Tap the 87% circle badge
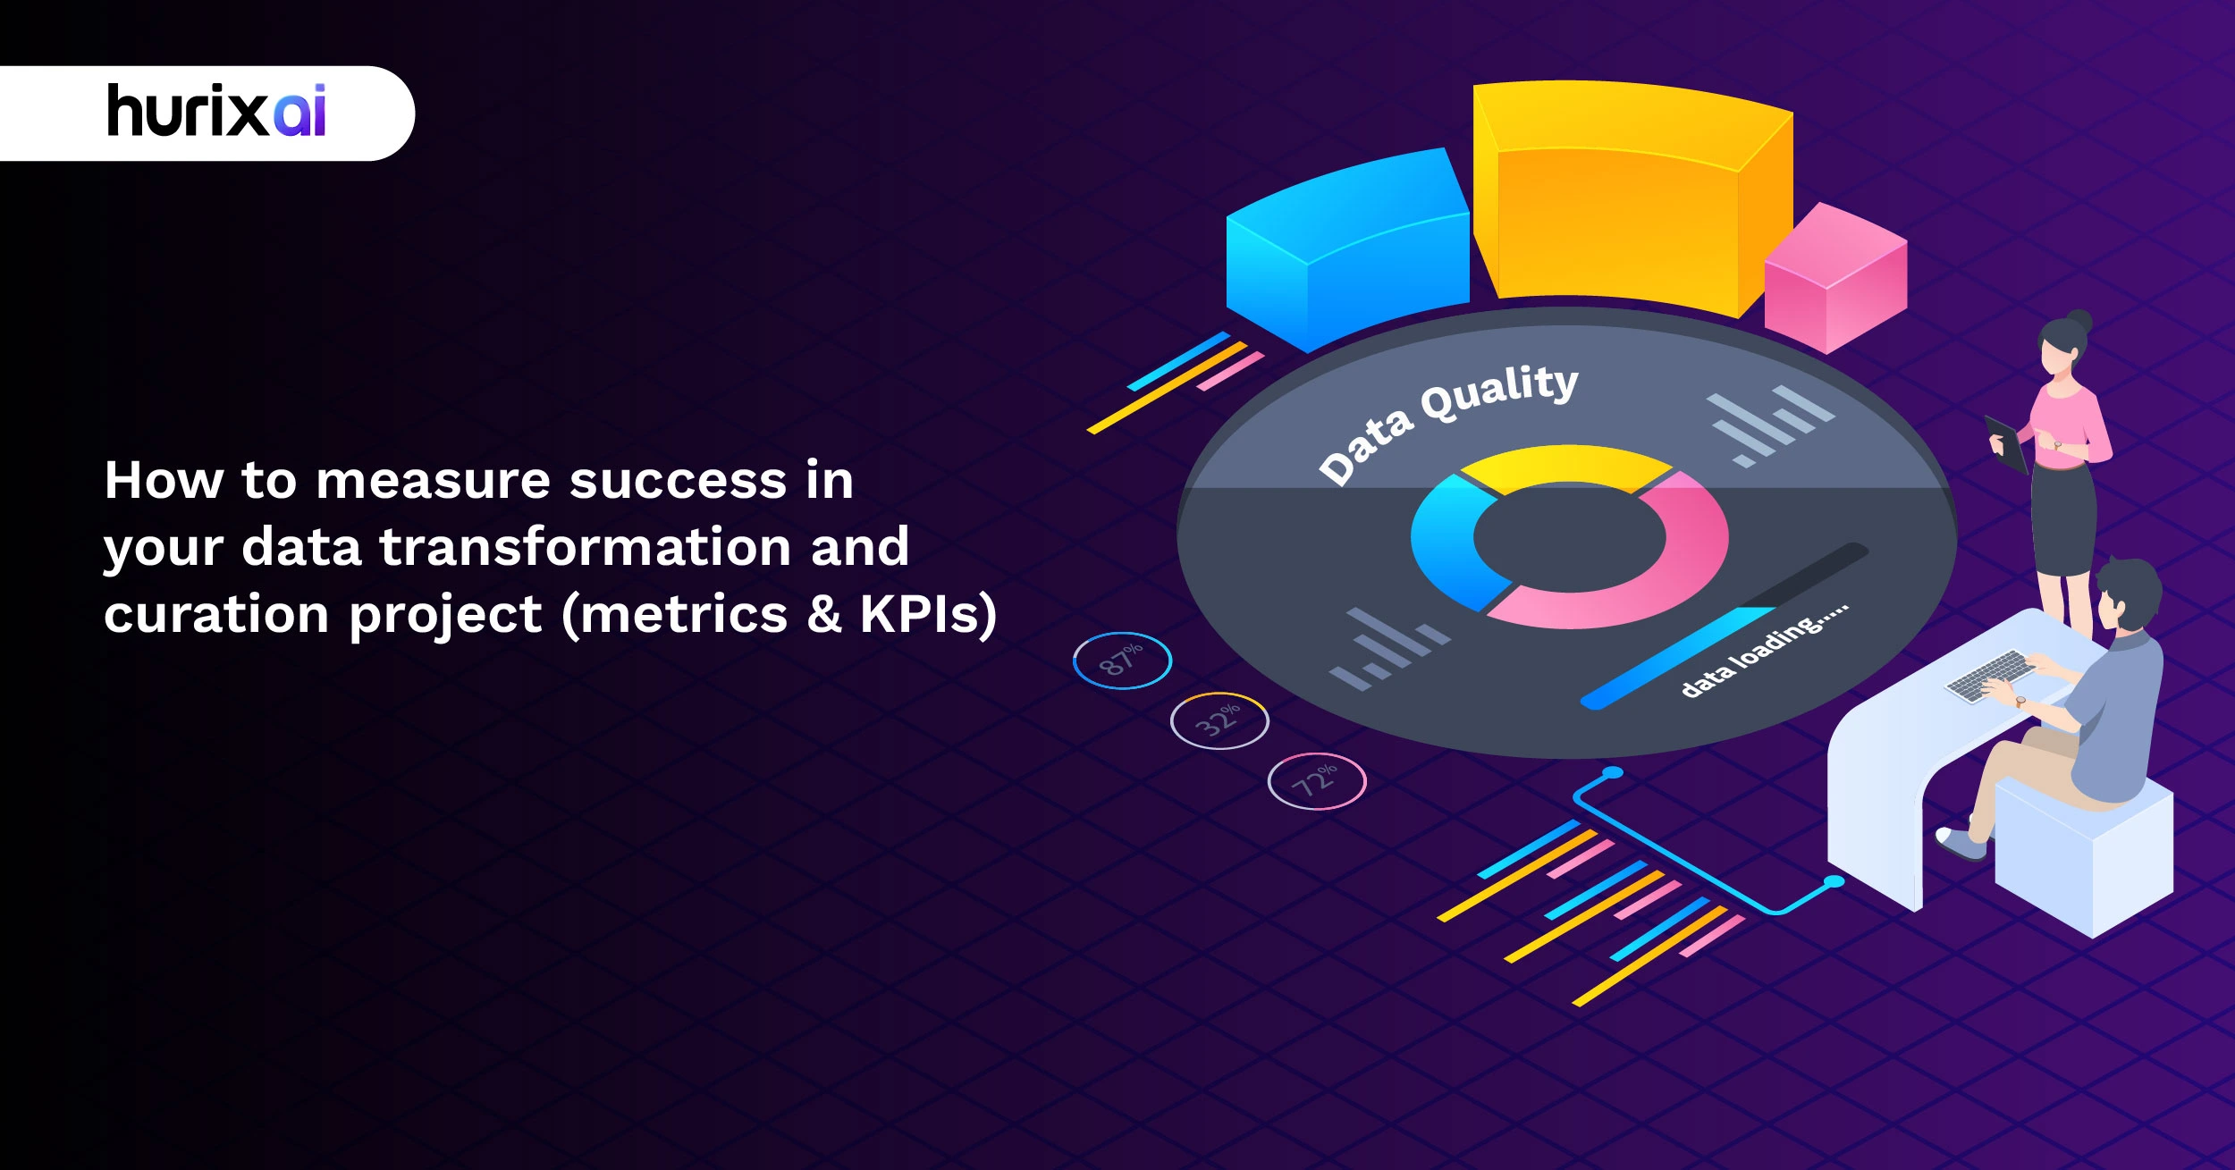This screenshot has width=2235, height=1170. click(1122, 661)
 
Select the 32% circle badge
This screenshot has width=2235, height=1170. click(1219, 720)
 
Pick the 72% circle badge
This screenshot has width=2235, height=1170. click(1317, 780)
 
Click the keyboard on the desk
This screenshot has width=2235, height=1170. click(1988, 675)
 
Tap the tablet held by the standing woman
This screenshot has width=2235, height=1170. click(2005, 442)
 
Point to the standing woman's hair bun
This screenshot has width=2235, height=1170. click(2080, 320)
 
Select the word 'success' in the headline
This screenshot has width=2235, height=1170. click(679, 481)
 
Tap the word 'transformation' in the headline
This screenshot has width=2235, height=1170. click(586, 547)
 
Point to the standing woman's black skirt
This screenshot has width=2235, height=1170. click(2062, 518)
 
